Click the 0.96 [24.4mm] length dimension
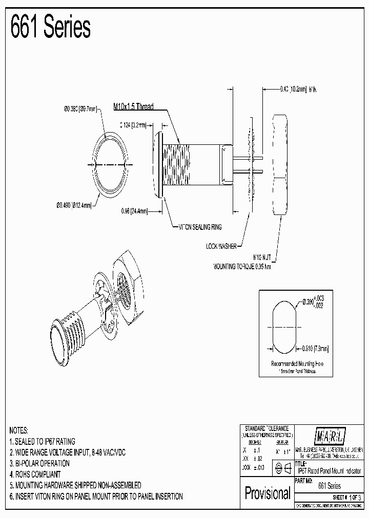(135, 210)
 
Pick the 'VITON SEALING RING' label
(199, 227)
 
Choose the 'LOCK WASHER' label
(222, 246)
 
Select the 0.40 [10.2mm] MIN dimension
(298, 89)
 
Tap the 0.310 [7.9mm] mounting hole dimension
(315, 348)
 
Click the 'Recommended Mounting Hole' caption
(297, 364)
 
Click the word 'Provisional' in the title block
(267, 493)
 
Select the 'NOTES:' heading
(19, 430)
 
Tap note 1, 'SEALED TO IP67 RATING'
(43, 441)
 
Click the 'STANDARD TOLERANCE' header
(266, 428)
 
